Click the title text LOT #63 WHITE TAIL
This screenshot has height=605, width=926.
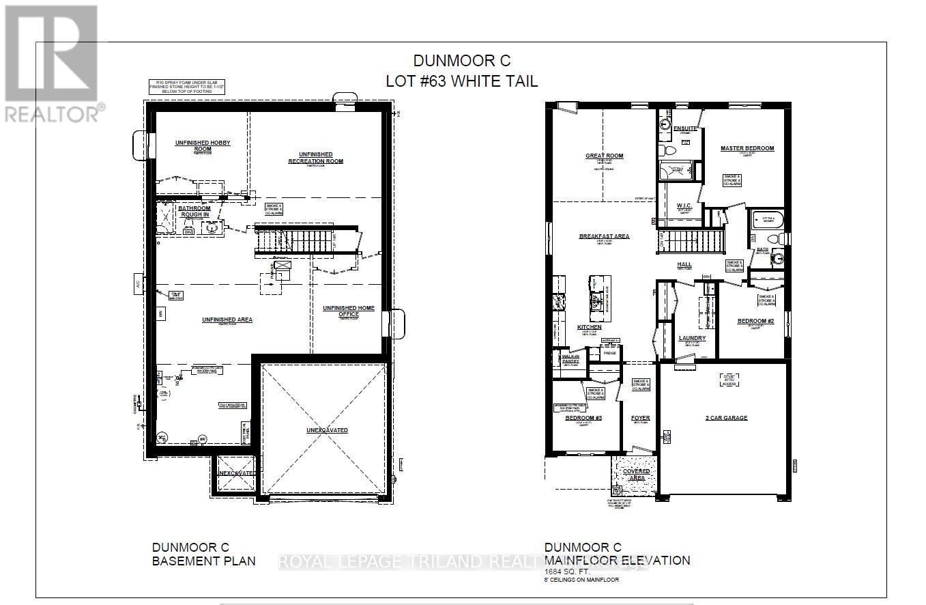point(461,81)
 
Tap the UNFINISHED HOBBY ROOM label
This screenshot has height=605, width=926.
point(203,145)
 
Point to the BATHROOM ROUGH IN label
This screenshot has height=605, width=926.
point(194,211)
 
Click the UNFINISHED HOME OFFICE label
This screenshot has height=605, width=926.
point(349,311)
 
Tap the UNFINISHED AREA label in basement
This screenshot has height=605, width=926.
point(227,319)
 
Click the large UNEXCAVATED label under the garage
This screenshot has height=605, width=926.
point(327,430)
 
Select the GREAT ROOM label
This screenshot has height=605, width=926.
point(604,156)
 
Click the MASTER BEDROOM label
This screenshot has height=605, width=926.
point(747,148)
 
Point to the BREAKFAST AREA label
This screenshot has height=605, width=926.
point(604,236)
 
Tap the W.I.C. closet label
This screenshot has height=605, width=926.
point(684,206)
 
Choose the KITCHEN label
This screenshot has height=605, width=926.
point(590,328)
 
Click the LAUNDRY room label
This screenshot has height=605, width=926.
point(692,338)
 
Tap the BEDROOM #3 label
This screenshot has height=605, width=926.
point(582,419)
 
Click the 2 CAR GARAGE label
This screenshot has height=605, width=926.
point(726,418)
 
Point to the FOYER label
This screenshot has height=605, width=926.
point(640,418)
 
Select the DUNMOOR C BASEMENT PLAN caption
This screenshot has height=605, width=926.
point(203,554)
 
